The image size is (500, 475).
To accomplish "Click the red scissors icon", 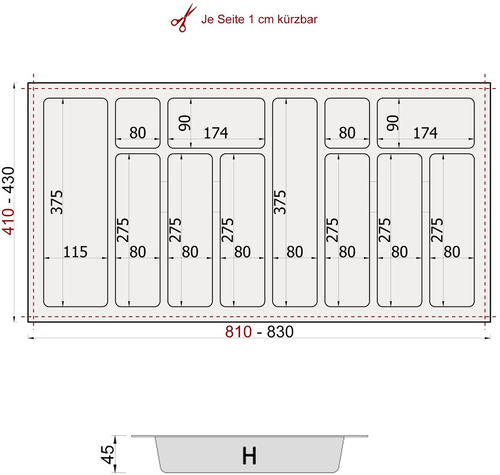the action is (x=183, y=18).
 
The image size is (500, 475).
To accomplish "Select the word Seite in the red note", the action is (x=231, y=20).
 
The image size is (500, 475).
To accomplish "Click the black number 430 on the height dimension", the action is (x=8, y=181).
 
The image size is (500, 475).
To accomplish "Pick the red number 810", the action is (x=238, y=332).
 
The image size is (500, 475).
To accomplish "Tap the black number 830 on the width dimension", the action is (x=280, y=332).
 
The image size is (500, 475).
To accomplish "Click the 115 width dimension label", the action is (x=75, y=252).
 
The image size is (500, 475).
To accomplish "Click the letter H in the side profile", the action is (x=249, y=456).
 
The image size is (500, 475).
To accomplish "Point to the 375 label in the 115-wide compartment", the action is (x=57, y=202).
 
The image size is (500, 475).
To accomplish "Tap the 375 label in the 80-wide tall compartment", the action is (x=280, y=202).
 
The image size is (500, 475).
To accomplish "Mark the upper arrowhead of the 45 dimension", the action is (x=115, y=438).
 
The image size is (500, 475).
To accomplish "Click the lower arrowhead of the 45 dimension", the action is (x=115, y=470).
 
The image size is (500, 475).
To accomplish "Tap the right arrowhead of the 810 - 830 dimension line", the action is (x=487, y=338).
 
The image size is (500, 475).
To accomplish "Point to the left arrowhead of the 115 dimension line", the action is (x=47, y=258).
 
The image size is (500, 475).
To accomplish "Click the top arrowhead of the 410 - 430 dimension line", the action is (x=15, y=86).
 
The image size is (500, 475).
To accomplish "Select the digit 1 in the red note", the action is (x=251, y=20).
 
